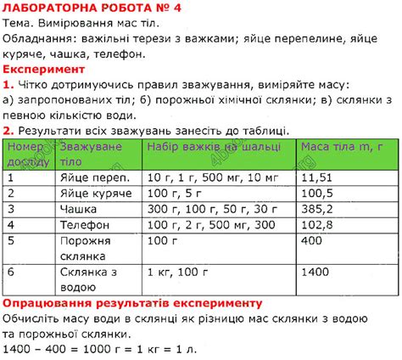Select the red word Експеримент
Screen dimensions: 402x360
tap(43, 68)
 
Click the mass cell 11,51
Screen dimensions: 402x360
tap(316, 177)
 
